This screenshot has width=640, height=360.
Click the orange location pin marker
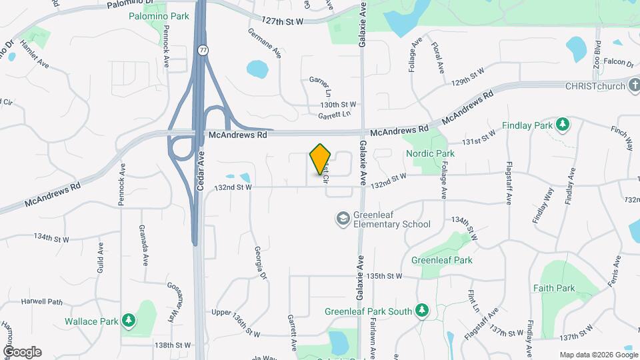pyautogui.click(x=321, y=159)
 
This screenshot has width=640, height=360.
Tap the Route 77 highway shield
pyautogui.click(x=202, y=50)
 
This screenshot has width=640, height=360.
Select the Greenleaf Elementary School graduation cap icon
pyautogui.click(x=343, y=219)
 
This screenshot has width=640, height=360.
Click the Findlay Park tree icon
pyautogui.click(x=563, y=125)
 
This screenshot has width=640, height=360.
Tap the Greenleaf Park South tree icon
pyautogui.click(x=421, y=311)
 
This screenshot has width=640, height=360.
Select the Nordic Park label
pyautogui.click(x=430, y=153)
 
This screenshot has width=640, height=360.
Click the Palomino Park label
pyautogui.click(x=159, y=15)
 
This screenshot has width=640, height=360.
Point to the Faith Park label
pyautogui.click(x=554, y=289)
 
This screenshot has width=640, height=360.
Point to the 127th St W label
pyautogui.click(x=283, y=21)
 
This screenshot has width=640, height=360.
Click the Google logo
pyautogui.click(x=22, y=352)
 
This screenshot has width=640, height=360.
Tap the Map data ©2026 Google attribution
pyautogui.click(x=597, y=355)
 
